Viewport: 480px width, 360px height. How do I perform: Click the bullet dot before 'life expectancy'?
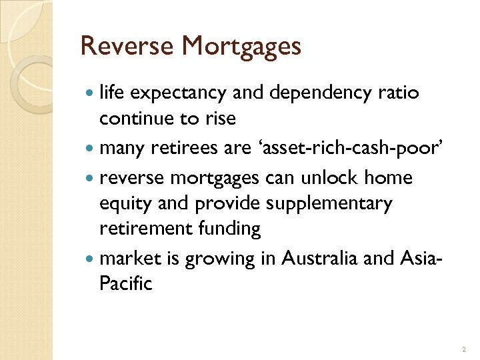click(x=90, y=93)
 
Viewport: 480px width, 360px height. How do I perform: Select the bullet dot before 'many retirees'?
click(x=90, y=149)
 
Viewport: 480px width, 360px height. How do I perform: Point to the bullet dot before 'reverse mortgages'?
click(x=90, y=179)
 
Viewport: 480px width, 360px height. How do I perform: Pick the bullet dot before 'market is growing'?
click(x=90, y=259)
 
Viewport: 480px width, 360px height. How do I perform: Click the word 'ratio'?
click(x=399, y=93)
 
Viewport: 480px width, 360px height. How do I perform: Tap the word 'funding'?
click(x=229, y=229)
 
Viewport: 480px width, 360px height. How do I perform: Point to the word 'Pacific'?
click(x=126, y=283)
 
